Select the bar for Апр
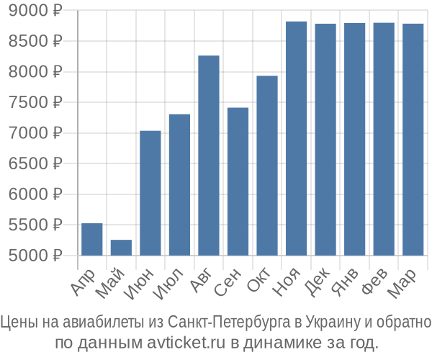92,239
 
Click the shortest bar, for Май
121,248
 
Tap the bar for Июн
150,193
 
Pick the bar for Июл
179,184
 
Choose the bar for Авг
209,156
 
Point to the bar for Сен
238,181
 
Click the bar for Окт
267,166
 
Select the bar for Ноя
296,138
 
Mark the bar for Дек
325,139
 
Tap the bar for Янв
354,139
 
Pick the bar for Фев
384,139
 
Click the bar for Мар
413,139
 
